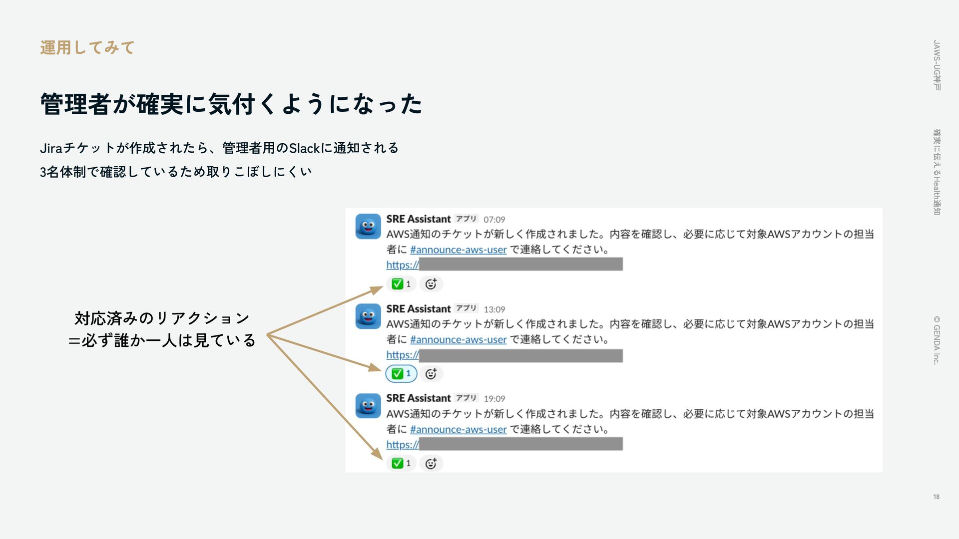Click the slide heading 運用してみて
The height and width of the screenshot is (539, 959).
[x=87, y=48]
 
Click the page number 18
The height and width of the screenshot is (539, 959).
[x=936, y=497]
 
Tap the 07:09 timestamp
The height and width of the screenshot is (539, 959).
[x=494, y=220]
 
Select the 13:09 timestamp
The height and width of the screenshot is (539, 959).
[x=494, y=309]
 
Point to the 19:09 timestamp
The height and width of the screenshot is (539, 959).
[x=494, y=399]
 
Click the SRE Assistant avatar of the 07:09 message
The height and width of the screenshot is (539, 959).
[x=368, y=227]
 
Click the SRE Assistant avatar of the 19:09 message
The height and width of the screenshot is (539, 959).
[x=368, y=406]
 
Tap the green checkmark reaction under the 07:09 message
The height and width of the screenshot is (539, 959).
[x=401, y=284]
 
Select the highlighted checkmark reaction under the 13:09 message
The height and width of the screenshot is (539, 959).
[x=401, y=374]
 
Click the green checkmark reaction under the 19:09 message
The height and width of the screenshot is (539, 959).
[x=401, y=463]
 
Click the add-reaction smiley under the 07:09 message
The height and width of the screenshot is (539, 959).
[x=431, y=284]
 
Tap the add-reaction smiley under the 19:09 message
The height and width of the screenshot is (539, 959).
[x=431, y=463]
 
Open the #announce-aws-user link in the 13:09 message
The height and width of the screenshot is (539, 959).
[x=458, y=340]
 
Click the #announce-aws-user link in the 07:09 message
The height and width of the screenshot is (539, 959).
[x=458, y=250]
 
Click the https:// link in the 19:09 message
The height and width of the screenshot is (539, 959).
[x=402, y=445]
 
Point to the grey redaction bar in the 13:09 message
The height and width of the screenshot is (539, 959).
[x=520, y=355]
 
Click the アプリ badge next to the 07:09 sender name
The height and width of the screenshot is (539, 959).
[x=466, y=219]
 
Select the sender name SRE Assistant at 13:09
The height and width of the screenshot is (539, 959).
[x=418, y=309]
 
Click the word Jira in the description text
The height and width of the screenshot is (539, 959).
[x=51, y=148]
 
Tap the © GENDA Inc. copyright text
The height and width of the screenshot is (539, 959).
[x=937, y=340]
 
